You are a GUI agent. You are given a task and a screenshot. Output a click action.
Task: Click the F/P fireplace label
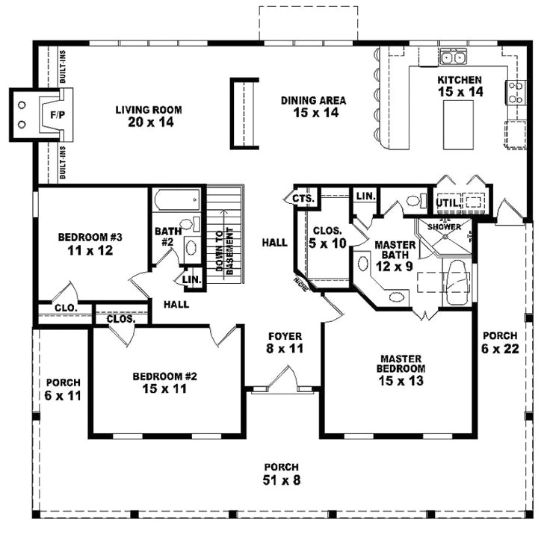click(x=36, y=116)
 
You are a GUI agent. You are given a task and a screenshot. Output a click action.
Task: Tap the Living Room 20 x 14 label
click(x=149, y=115)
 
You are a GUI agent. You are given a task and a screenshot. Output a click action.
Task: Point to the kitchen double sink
click(x=454, y=57)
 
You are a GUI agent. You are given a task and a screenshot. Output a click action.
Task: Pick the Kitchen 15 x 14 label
click(x=460, y=85)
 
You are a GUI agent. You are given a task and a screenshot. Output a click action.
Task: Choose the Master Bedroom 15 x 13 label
click(x=401, y=368)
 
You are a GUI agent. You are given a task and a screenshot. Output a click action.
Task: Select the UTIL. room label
click(x=446, y=202)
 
